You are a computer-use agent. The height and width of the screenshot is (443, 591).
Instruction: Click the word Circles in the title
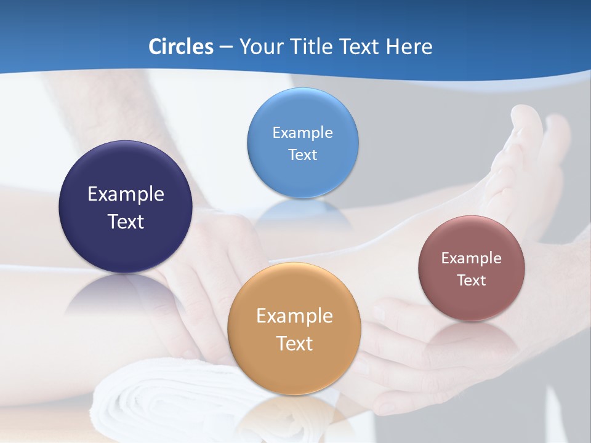coord(181,47)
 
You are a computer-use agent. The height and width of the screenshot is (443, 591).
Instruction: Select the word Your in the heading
coord(260,47)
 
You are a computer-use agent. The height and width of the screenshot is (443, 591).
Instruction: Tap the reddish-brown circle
coord(472,301)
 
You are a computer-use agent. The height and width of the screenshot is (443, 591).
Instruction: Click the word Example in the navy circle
coord(126,194)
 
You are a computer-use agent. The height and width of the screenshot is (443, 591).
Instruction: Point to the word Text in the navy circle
coord(126,221)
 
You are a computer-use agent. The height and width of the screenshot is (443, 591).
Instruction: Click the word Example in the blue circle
coord(302,133)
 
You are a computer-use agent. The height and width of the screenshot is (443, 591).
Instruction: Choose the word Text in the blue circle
coord(302,155)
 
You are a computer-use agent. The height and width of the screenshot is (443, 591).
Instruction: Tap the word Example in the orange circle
coord(294,316)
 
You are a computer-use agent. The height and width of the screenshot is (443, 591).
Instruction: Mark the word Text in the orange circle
coord(294,343)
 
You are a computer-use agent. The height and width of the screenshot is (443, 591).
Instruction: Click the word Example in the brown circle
coord(472,258)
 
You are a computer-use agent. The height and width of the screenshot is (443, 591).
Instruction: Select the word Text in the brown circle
coord(472,281)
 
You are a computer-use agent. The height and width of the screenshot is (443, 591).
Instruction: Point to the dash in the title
coord(225,47)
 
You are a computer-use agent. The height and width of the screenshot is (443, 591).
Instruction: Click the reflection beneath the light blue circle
coord(302,212)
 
